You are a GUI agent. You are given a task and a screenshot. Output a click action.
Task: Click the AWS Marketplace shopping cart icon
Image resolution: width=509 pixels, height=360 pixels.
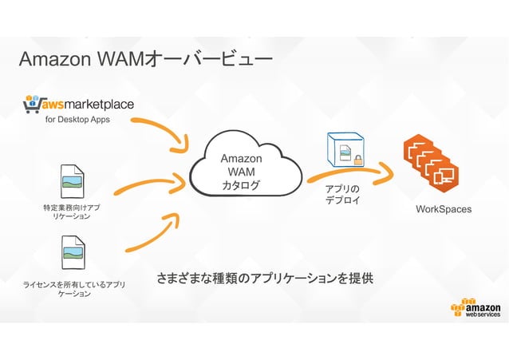coord(34,104)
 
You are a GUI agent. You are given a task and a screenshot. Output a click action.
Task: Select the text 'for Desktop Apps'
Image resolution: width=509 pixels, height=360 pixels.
coord(77,120)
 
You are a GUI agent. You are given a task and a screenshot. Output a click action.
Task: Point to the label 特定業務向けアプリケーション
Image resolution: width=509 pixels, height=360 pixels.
coord(72,212)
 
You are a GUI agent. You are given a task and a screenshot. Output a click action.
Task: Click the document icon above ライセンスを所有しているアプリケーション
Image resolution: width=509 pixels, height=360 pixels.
coord(73,252)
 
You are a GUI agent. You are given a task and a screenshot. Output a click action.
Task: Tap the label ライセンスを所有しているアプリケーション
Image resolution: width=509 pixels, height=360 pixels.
coord(73,288)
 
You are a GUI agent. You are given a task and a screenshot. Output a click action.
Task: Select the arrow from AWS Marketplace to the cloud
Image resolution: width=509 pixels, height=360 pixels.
coord(160,133)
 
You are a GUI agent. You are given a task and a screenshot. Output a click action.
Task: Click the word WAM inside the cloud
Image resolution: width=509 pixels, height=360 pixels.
coord(241,172)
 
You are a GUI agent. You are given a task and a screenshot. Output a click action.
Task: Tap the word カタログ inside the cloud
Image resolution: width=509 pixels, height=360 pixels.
coord(241,186)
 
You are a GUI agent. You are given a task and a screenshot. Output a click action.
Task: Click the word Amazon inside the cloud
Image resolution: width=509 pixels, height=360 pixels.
coord(241,159)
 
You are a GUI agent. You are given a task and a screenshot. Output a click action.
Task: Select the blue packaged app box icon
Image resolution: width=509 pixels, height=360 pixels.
coord(344,150)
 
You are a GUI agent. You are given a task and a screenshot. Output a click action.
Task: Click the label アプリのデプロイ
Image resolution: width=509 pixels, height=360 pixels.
coord(342,194)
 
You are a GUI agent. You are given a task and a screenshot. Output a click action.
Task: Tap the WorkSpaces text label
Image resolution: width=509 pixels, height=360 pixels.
coord(444,209)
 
